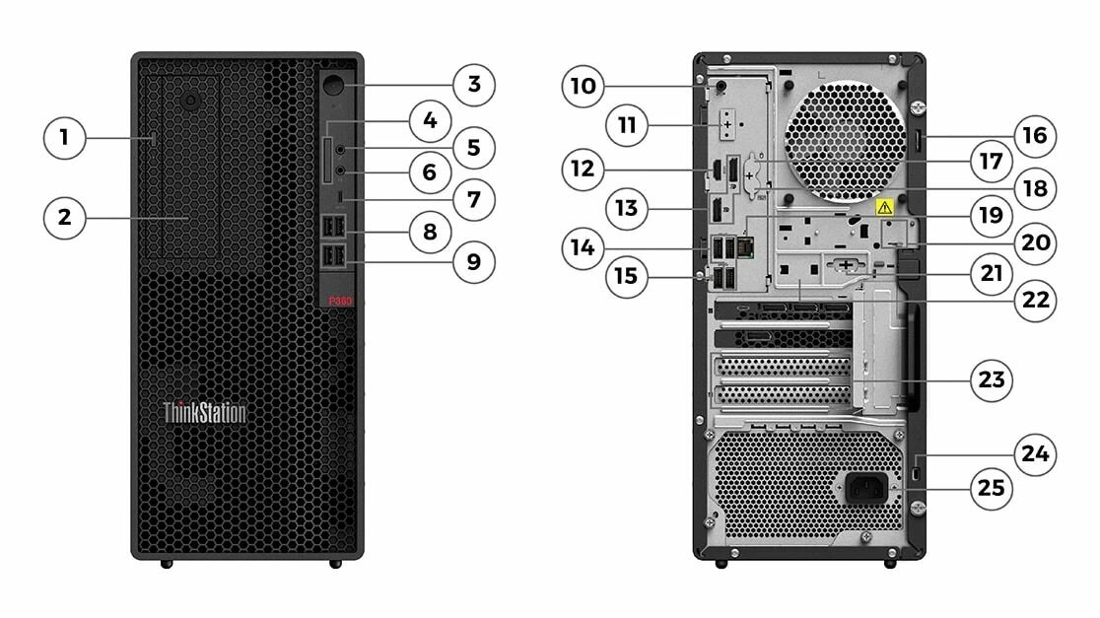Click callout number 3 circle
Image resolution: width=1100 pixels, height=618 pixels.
point(474,85)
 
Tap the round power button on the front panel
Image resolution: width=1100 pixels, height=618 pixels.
point(337,85)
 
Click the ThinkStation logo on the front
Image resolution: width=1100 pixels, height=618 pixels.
point(204,412)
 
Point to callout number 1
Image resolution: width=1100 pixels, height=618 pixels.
point(65,137)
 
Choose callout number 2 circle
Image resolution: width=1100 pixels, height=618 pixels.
point(65,217)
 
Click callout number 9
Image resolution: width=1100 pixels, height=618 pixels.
point(474,261)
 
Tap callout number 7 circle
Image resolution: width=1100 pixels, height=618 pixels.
point(474,200)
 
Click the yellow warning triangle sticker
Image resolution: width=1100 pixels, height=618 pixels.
point(884,208)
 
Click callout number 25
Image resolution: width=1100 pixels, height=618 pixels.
point(992,487)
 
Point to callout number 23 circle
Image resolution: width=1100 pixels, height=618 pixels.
point(992,379)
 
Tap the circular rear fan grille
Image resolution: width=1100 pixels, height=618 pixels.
point(846,134)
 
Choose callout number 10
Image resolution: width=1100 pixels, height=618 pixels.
point(583,86)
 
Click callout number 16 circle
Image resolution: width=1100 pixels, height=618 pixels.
point(1034,135)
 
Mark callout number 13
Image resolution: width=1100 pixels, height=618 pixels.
point(627,209)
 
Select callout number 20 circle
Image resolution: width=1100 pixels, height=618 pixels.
point(1034,241)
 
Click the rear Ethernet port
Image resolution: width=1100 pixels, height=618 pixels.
point(746,247)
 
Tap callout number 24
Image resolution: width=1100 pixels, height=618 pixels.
point(1034,454)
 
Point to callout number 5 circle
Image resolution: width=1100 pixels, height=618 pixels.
point(474,148)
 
